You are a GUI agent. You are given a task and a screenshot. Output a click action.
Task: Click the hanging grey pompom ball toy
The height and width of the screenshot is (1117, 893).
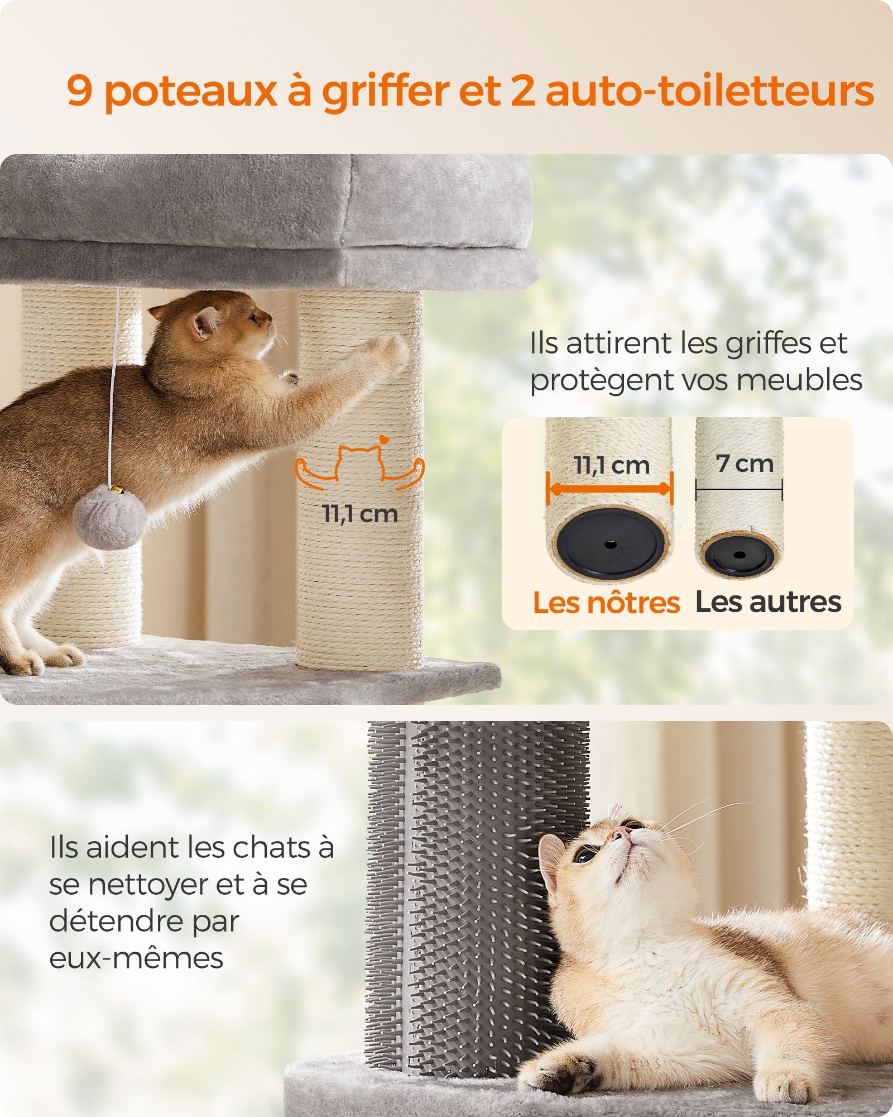click(x=110, y=517)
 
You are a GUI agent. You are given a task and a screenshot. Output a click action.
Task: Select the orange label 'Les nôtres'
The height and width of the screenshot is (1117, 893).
click(x=606, y=603)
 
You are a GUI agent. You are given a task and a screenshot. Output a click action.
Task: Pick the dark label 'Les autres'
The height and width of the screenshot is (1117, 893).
click(x=768, y=603)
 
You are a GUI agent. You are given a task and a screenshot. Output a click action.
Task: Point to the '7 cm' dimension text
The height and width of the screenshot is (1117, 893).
click(x=745, y=463)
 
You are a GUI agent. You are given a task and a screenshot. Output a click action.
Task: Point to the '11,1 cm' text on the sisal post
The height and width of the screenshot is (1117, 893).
click(x=361, y=514)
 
